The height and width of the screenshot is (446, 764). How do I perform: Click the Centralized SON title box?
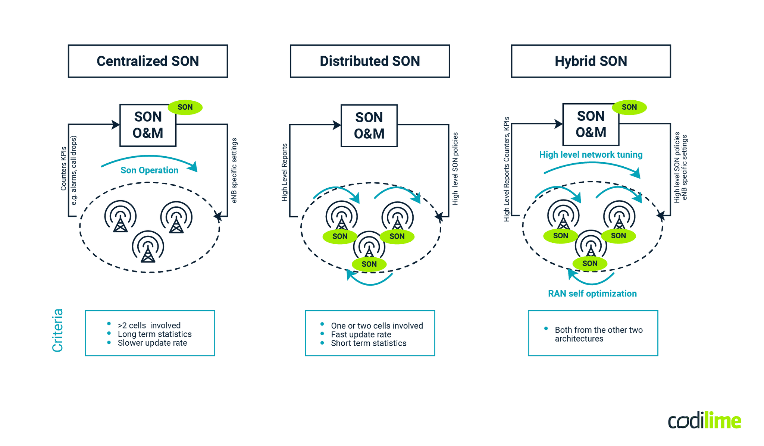click(x=148, y=61)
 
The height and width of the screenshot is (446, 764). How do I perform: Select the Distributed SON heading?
click(x=370, y=61)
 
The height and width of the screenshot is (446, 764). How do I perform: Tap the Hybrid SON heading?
click(x=591, y=61)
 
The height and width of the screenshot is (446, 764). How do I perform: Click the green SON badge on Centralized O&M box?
click(x=185, y=107)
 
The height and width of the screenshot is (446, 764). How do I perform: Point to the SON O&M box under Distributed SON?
click(x=369, y=126)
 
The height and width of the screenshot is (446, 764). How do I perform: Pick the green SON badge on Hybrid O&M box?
click(x=629, y=107)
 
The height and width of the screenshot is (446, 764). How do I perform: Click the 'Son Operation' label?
click(x=149, y=170)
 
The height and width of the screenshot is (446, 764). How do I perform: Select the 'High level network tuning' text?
click(x=591, y=155)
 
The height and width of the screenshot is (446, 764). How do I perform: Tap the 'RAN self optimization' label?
click(x=592, y=294)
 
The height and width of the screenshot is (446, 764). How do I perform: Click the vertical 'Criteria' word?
click(x=57, y=330)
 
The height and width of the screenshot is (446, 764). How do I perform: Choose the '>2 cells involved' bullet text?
click(x=149, y=326)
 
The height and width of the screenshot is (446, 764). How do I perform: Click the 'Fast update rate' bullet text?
click(x=361, y=334)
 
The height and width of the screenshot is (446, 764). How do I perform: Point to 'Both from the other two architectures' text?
click(x=598, y=334)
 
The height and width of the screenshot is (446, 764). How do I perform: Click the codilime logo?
click(x=704, y=421)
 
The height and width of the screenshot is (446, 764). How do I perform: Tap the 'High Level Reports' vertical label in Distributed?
click(x=285, y=172)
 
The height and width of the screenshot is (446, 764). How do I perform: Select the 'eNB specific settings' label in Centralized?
click(x=234, y=170)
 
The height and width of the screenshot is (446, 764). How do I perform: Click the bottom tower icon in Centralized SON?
click(x=148, y=247)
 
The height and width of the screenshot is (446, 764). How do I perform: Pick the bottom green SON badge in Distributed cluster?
click(x=369, y=264)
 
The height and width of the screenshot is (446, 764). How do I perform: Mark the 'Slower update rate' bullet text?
click(x=152, y=343)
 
